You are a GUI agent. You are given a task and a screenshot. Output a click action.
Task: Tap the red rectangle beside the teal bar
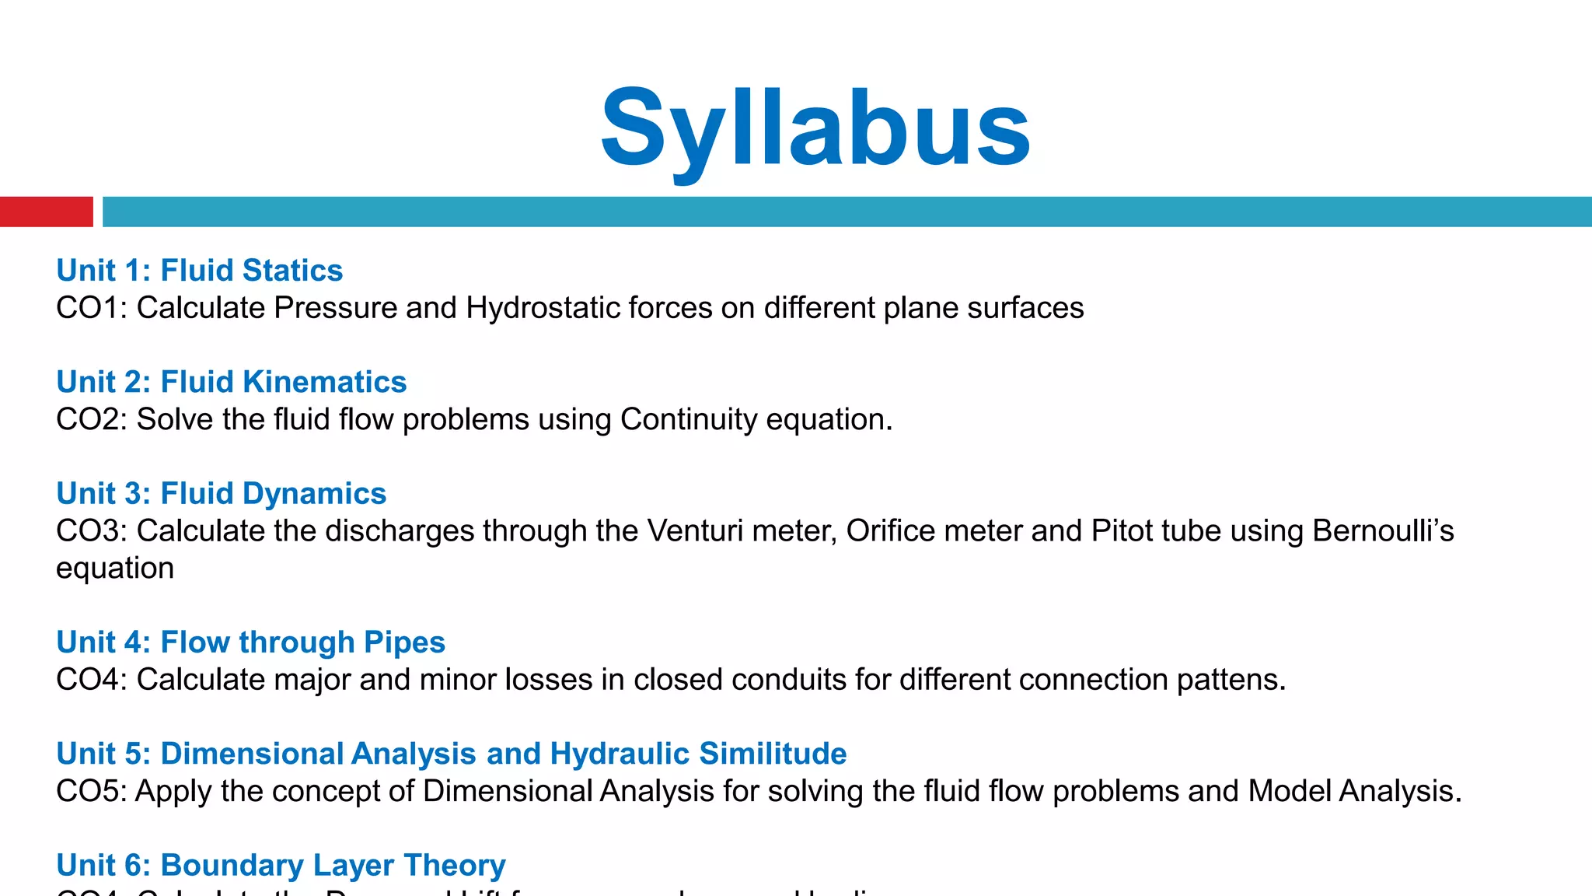click(46, 212)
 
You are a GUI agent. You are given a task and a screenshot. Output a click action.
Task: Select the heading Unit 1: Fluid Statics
click(199, 271)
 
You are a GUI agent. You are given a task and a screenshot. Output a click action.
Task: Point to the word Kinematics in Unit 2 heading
click(324, 382)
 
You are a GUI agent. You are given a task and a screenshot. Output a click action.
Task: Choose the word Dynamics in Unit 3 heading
click(314, 494)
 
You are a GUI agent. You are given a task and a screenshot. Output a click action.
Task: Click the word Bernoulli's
click(1383, 531)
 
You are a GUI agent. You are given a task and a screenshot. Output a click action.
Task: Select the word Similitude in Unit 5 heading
click(773, 754)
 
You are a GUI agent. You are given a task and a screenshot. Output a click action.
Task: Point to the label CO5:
click(91, 792)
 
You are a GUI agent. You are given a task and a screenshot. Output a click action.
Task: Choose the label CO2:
click(92, 420)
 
